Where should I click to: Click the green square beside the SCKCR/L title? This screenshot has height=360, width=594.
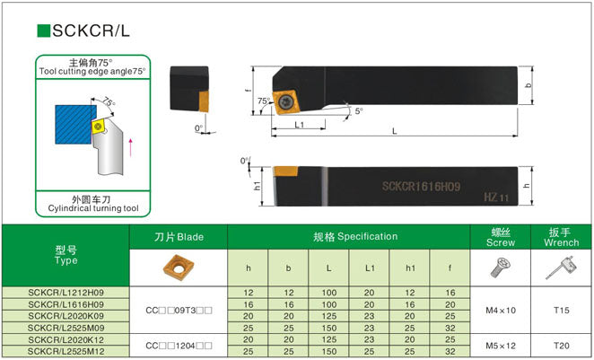tap(43, 31)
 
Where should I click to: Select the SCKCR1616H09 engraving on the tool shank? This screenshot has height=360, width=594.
tap(421, 187)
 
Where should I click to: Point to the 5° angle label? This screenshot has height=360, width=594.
tap(359, 111)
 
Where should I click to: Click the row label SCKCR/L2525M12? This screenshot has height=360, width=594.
tap(65, 351)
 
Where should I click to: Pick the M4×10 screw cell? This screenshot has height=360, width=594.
tap(501, 312)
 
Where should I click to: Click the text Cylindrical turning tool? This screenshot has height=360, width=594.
tap(93, 209)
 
